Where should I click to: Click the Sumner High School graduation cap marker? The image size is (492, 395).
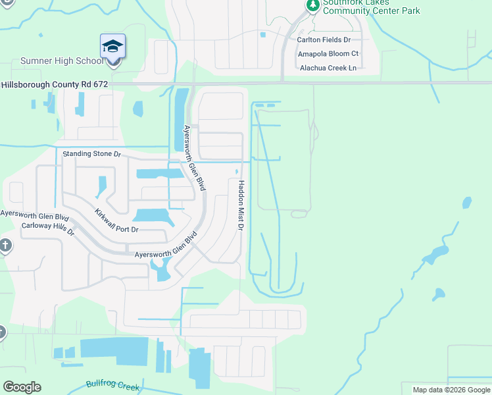point(112,46)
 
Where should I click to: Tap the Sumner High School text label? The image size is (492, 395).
point(62,61)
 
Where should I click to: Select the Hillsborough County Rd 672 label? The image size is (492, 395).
point(54,85)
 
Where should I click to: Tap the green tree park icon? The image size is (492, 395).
point(312,5)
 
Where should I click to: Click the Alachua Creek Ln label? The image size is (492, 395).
point(328,68)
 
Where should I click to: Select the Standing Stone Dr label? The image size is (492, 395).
point(92,154)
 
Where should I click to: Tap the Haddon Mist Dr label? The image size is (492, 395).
point(241,205)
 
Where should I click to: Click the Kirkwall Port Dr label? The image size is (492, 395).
point(116,221)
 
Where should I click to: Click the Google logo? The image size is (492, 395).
point(22,387)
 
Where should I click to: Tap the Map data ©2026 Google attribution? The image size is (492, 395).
point(451,390)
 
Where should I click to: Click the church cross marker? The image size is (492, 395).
point(5,246)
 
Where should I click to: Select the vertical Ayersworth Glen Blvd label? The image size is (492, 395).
point(195,158)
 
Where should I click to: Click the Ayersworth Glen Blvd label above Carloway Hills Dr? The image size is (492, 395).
point(34,215)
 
